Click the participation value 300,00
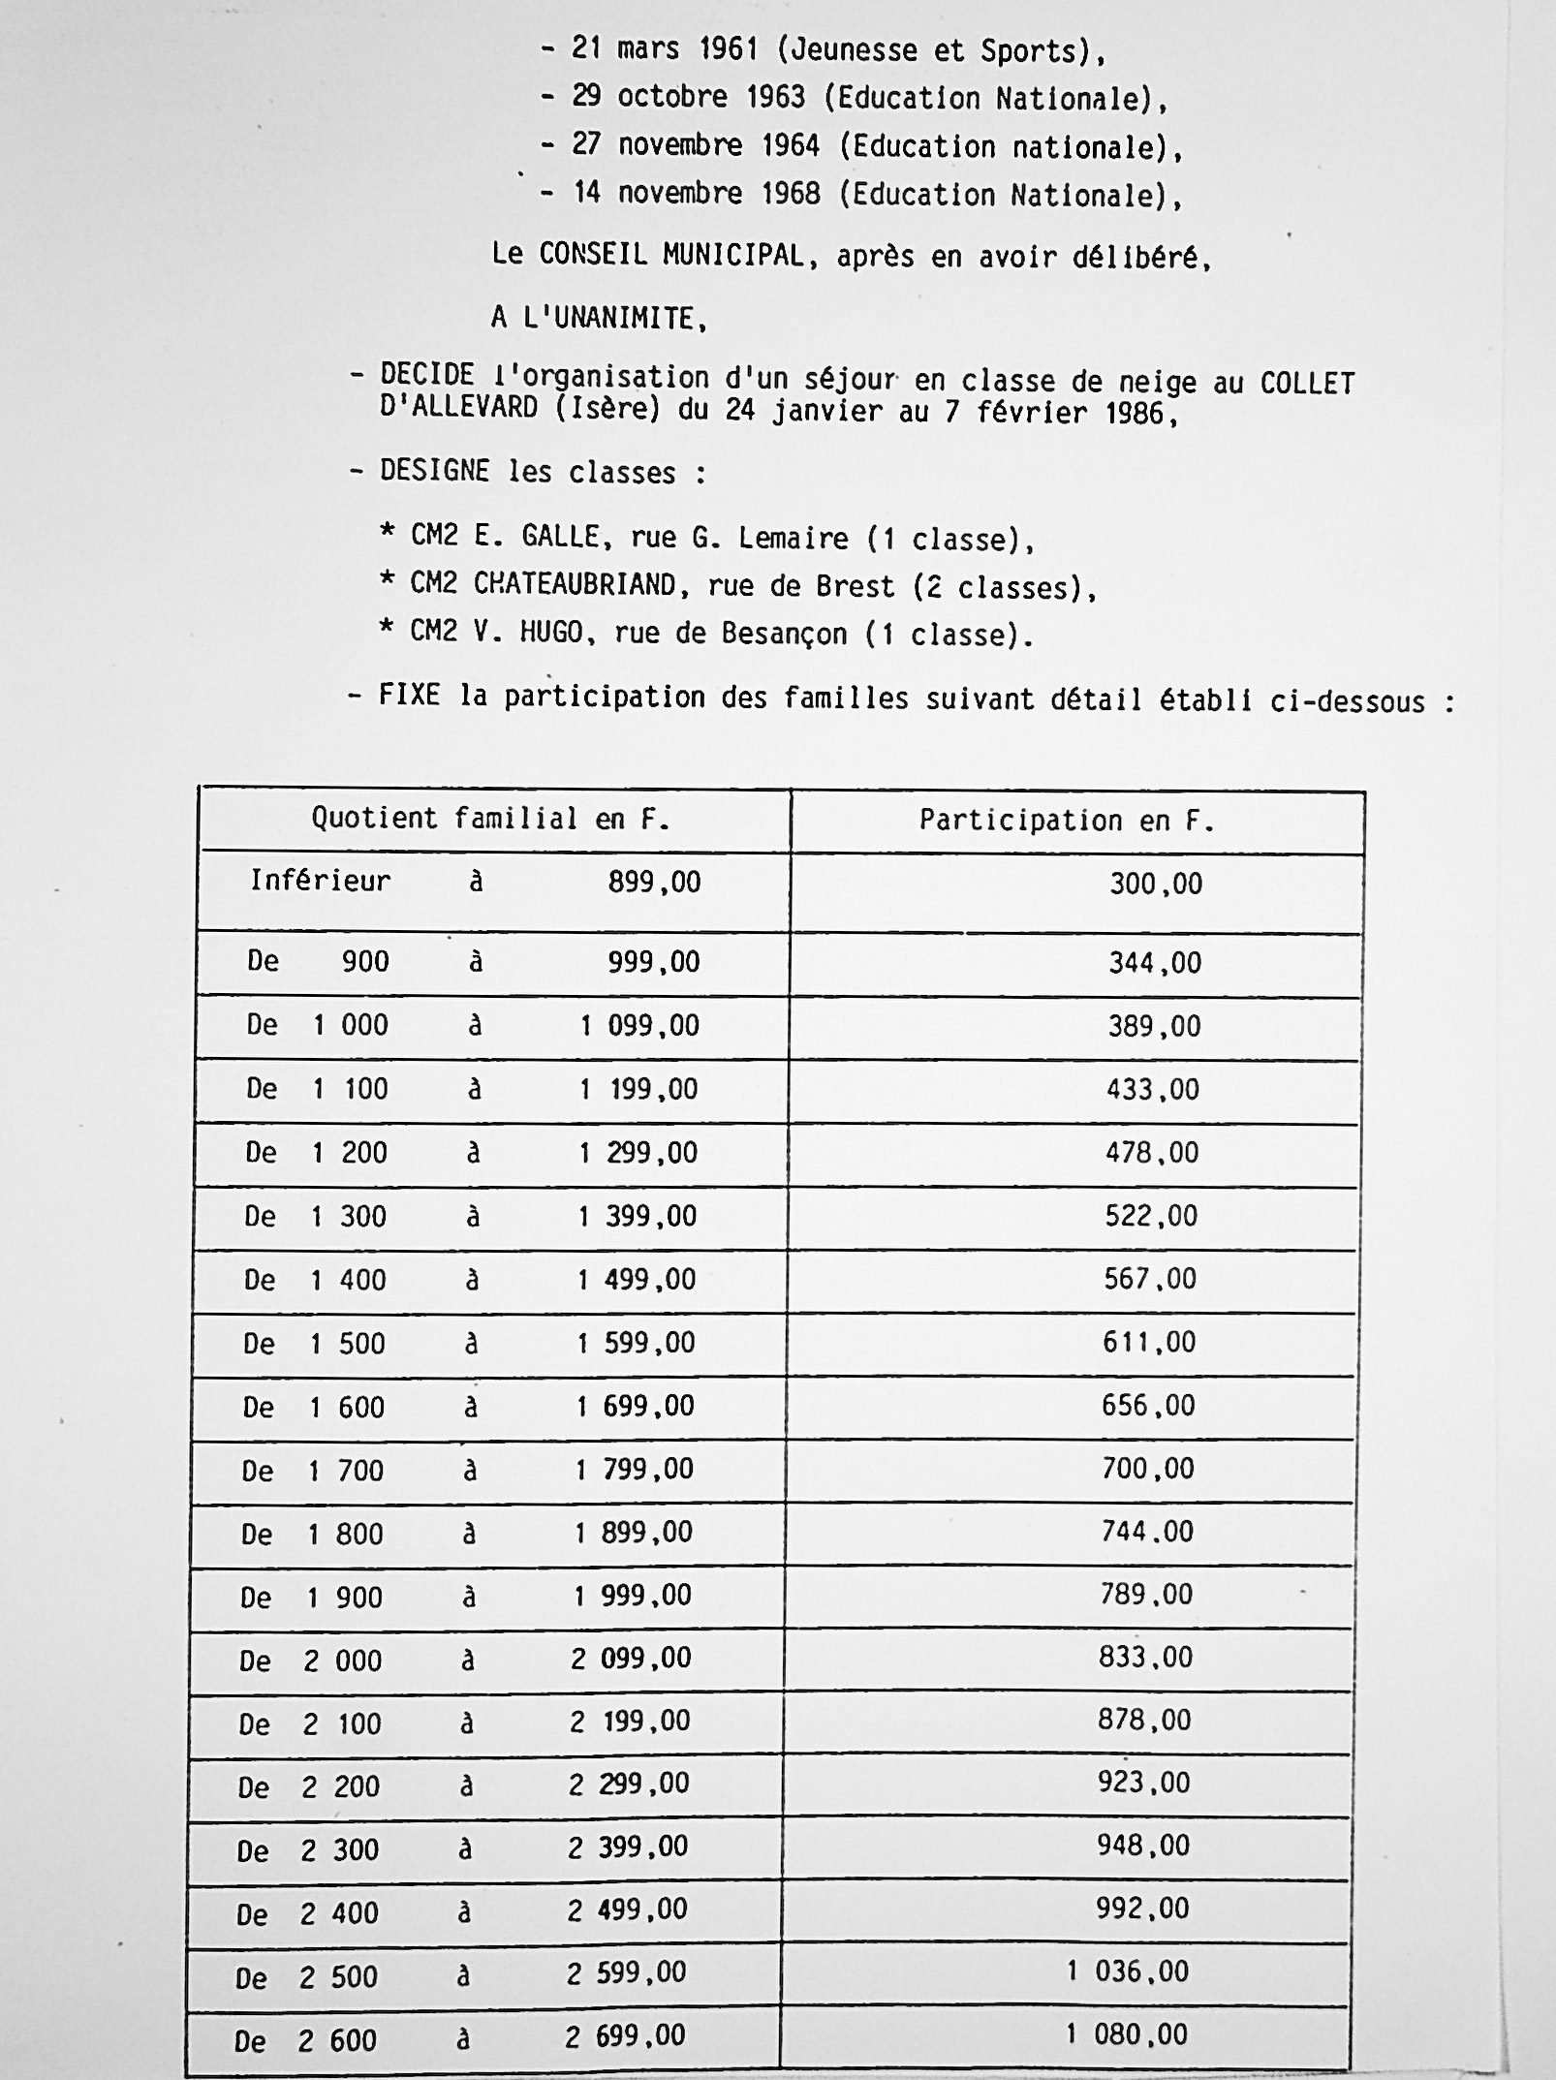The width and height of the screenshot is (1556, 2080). click(x=1155, y=884)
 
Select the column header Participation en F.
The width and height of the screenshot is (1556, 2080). click(x=1066, y=822)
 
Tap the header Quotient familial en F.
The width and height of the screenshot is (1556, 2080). click(x=490, y=820)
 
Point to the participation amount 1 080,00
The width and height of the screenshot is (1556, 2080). click(x=1127, y=2033)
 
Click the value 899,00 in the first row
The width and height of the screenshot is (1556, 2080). click(x=654, y=883)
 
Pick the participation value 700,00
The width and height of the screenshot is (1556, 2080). click(x=1147, y=1469)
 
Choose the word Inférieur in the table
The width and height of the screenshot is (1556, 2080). click(x=321, y=881)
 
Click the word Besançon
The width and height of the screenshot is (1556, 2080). click(x=784, y=634)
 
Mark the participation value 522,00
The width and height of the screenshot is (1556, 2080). click(x=1151, y=1216)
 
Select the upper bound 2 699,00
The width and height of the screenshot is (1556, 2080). click(x=625, y=2035)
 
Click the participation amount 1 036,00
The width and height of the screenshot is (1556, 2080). click(x=1128, y=1971)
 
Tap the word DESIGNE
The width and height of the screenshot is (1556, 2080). click(x=434, y=472)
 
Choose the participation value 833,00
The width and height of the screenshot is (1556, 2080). click(x=1145, y=1658)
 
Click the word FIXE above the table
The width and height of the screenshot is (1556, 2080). click(x=409, y=696)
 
